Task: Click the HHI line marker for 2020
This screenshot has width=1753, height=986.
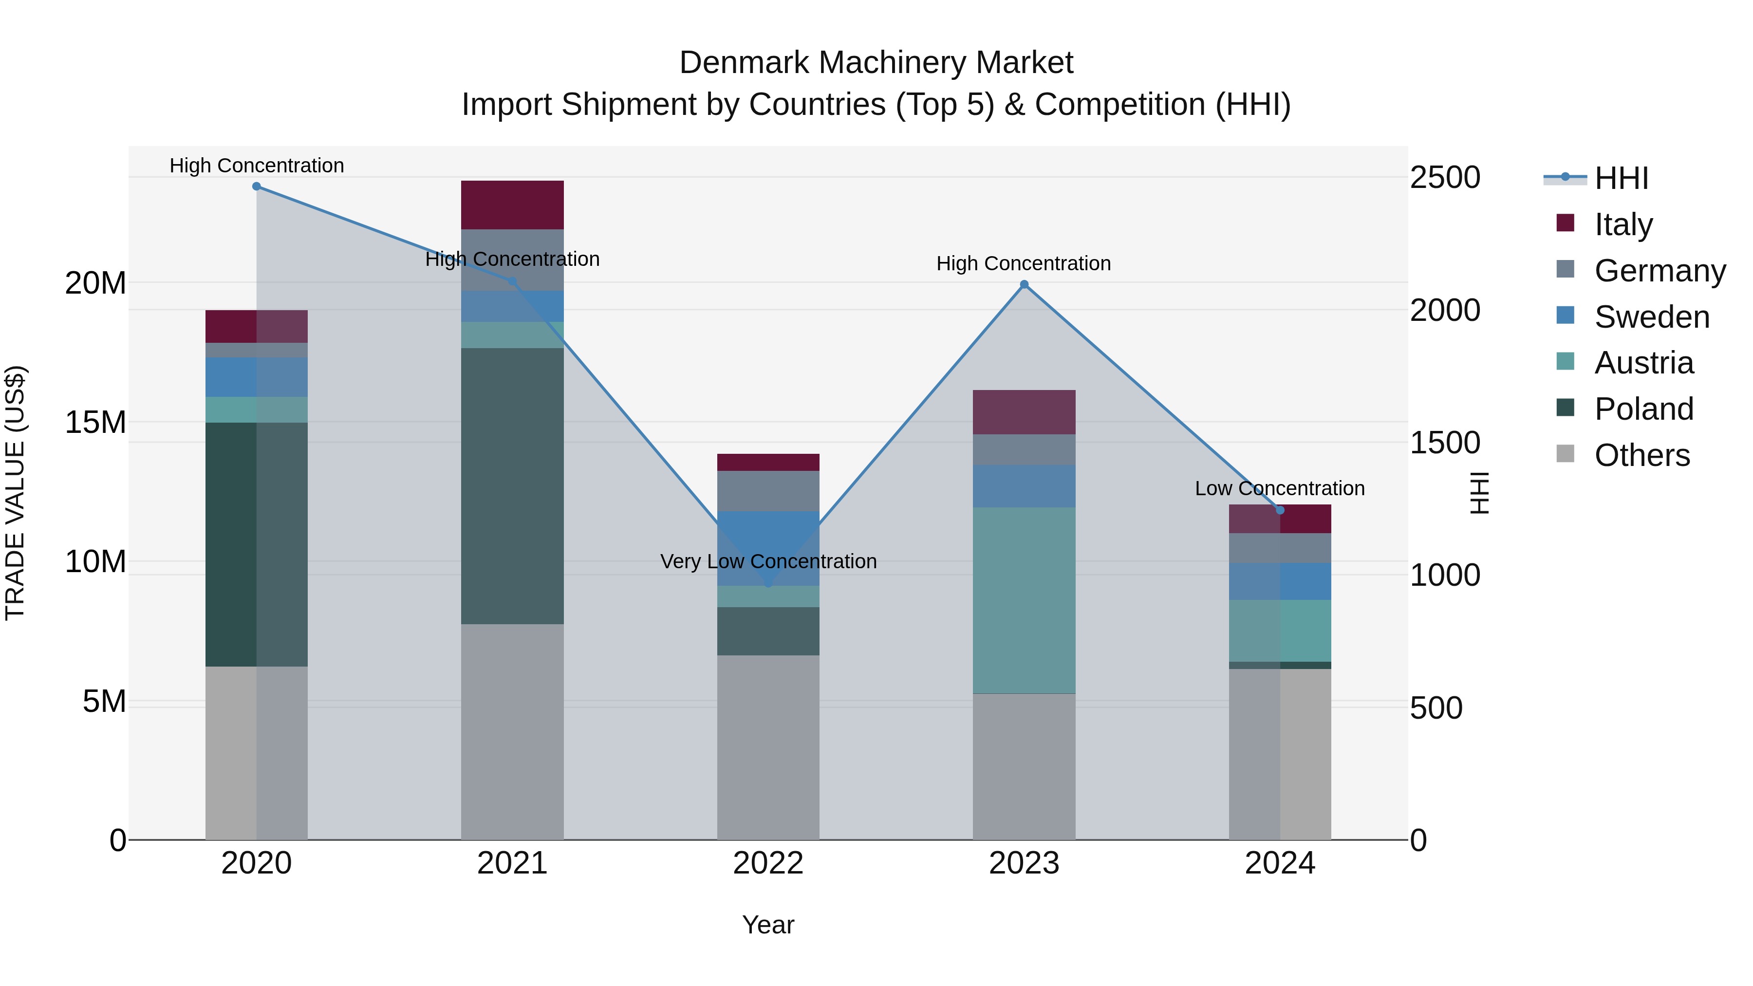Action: [257, 186]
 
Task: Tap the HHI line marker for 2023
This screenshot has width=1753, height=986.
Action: [1024, 284]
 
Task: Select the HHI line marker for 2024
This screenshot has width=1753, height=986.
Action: [1280, 510]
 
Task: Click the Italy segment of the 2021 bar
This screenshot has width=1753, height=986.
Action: [512, 205]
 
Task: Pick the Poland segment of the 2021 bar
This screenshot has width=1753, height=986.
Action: [512, 486]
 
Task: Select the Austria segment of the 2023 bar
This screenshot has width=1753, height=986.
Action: [1024, 600]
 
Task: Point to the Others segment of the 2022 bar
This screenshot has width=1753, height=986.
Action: [768, 747]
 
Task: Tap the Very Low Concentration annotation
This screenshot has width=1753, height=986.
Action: [768, 561]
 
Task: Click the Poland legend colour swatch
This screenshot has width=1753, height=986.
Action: [1565, 408]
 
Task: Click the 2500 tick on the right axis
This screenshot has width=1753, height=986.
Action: [1445, 178]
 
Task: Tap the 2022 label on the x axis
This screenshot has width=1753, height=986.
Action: [768, 863]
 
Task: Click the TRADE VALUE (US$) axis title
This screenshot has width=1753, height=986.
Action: [15, 493]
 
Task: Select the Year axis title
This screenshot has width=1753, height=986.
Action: [768, 925]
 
